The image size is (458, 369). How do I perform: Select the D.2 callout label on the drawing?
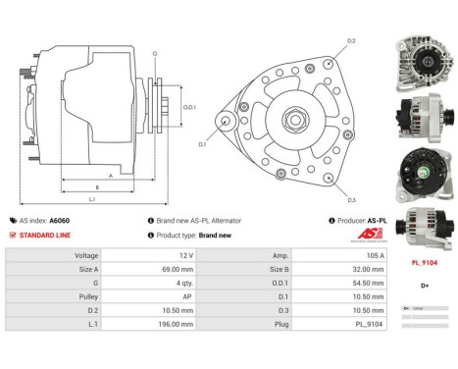[351, 41]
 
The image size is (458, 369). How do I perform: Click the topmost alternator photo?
[421, 61]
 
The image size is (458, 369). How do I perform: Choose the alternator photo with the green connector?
[421, 172]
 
